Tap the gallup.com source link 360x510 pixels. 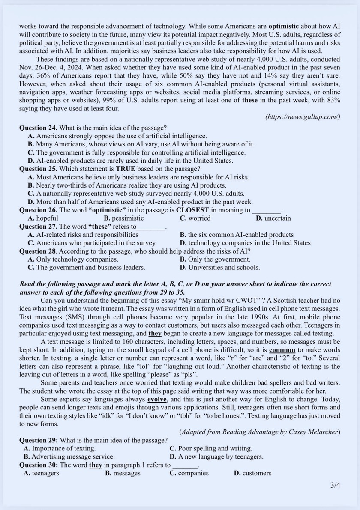pos(303,116)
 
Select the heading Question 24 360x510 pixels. pos(38,128)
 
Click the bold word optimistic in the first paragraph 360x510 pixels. pos(284,26)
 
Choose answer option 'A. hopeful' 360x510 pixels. pos(43,218)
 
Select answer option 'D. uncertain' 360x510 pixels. pos(273,218)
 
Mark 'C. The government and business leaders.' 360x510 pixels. pos(86,268)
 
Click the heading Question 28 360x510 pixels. pos(38,251)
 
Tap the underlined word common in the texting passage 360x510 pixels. pos(282,350)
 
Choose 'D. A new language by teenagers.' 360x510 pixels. pos(216,457)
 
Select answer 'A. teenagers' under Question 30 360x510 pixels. pos(42,473)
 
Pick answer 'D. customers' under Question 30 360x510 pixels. pos(252,473)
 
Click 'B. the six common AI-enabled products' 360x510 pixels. pos(237,235)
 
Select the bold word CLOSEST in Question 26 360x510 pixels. pos(192,210)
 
